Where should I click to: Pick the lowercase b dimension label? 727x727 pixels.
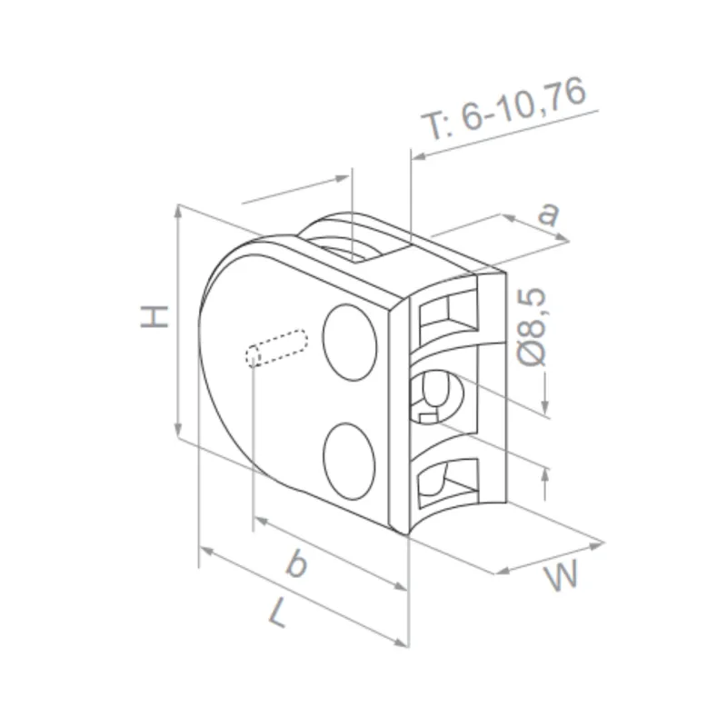(295, 565)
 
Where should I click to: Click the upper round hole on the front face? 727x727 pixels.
(351, 342)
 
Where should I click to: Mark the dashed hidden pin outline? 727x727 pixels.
(276, 349)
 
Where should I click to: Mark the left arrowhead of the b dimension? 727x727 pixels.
(258, 522)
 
